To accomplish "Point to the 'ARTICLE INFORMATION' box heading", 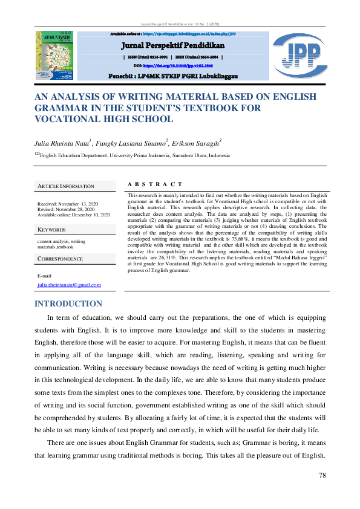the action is (66, 186).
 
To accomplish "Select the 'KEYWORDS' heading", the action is (51, 230).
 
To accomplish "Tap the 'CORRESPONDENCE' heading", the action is (61, 258).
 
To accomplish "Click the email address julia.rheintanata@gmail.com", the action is (69, 284).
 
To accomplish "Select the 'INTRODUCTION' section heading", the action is (68, 303).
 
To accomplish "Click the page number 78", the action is (322, 476).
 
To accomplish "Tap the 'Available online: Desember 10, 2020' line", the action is (74, 215).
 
